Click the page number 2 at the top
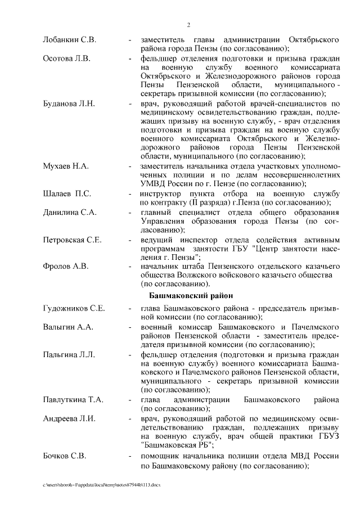pyautogui.click(x=188, y=25)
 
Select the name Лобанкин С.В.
pyautogui.click(x=70, y=40)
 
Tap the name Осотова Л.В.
pyautogui.click(x=66, y=58)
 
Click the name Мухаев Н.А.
pyautogui.click(x=66, y=166)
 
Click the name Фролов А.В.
pyautogui.click(x=65, y=267)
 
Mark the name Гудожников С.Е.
pyautogui.click(x=74, y=309)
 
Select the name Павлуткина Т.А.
pyautogui.click(x=73, y=400)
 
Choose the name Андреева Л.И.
pyautogui.click(x=69, y=418)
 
